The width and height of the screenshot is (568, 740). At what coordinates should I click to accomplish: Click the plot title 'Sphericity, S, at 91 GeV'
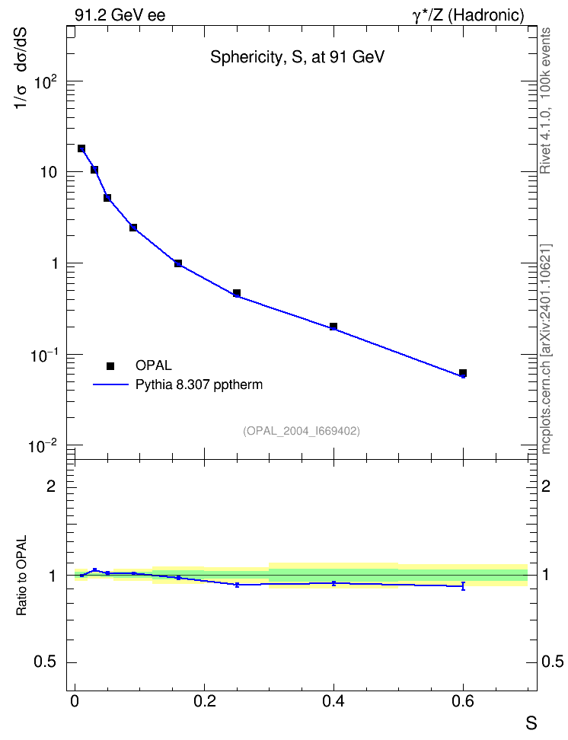click(x=297, y=57)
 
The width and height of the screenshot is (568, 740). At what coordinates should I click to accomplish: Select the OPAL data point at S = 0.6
click(x=463, y=373)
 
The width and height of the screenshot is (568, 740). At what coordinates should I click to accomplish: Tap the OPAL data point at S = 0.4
click(x=333, y=327)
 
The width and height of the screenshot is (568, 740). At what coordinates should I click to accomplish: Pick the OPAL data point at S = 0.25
click(x=237, y=293)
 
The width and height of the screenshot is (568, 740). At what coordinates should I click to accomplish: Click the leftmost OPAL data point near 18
click(x=81, y=148)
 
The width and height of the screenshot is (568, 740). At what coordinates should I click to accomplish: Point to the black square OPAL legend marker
click(x=110, y=365)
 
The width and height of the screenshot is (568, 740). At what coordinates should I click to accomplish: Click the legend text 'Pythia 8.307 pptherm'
click(x=199, y=384)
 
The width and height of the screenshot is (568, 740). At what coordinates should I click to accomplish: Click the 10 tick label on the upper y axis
click(x=49, y=172)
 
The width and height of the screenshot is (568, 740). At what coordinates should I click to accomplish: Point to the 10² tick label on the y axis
click(x=46, y=83)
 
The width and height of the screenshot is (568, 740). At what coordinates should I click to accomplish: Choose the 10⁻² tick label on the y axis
click(x=43, y=445)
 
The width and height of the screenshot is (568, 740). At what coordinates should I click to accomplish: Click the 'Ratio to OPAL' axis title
click(x=21, y=576)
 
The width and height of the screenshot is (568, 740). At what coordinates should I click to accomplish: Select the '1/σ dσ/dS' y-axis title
click(x=21, y=69)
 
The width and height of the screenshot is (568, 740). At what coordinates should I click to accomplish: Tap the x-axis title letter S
click(x=531, y=723)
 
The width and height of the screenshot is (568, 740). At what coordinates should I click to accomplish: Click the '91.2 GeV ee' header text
click(x=120, y=15)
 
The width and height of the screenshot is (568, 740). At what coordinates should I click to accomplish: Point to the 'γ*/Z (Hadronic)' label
click(x=468, y=15)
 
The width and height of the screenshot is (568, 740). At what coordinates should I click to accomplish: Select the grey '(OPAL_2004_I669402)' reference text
click(x=302, y=431)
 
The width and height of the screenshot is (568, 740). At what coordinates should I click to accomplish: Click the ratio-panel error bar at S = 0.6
click(x=463, y=586)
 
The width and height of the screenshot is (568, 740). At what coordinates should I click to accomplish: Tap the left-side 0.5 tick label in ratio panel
click(x=46, y=662)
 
